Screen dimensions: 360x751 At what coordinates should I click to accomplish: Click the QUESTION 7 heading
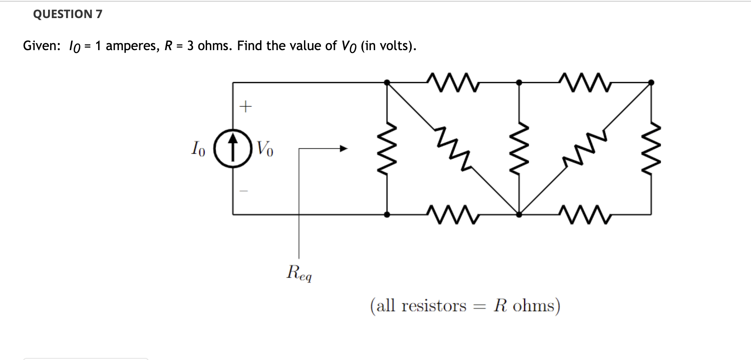tap(67, 14)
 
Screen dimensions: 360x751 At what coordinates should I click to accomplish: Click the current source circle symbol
tap(233, 148)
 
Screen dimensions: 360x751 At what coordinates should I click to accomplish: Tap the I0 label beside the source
tap(198, 148)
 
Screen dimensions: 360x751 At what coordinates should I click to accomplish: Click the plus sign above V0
tap(245, 107)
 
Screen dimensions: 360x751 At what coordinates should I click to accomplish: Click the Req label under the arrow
tap(299, 273)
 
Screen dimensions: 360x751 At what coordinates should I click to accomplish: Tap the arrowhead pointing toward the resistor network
tap(343, 149)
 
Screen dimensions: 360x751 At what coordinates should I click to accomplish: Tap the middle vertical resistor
tap(519, 148)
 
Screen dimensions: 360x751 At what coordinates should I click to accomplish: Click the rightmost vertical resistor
tap(651, 148)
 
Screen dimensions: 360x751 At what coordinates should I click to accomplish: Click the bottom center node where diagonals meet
tap(519, 214)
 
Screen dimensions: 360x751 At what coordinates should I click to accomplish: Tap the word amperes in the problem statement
tap(131, 46)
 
